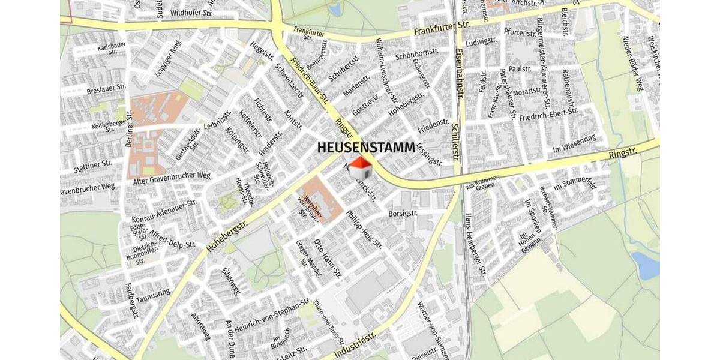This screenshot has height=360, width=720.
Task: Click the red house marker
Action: [361, 168]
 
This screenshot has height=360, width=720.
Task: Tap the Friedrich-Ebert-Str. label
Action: [548, 114]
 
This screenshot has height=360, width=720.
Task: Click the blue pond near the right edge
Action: [646, 266]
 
